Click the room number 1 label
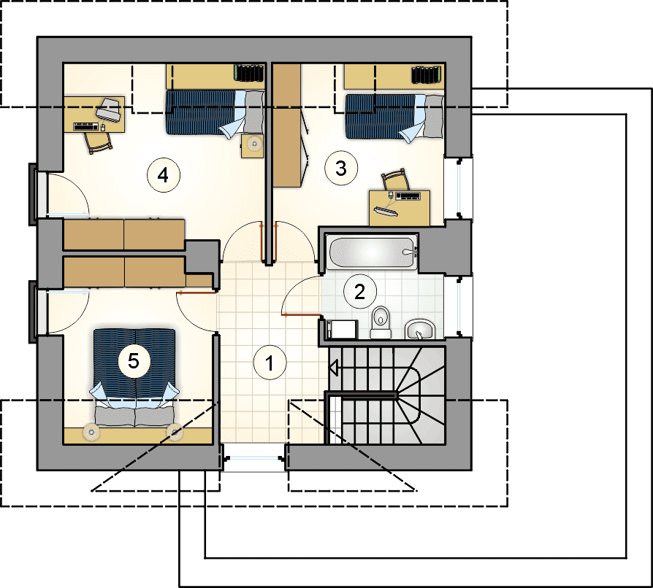coord(270,363)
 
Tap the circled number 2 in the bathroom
coord(360,292)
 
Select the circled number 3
coord(341,169)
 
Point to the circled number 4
coord(164,175)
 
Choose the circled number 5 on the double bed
coord(134,360)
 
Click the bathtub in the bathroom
coord(373,252)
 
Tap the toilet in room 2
coord(381,322)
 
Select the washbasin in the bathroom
coord(420,329)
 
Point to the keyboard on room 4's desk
coord(85,126)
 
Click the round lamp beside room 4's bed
coord(253,144)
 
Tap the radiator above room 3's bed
coord(426,75)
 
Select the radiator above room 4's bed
coord(249,73)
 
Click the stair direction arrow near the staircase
coord(334,368)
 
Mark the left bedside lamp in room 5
coord(91,432)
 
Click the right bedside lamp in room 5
coord(175,433)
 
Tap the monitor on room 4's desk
coord(109,109)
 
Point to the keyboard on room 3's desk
coord(408,196)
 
